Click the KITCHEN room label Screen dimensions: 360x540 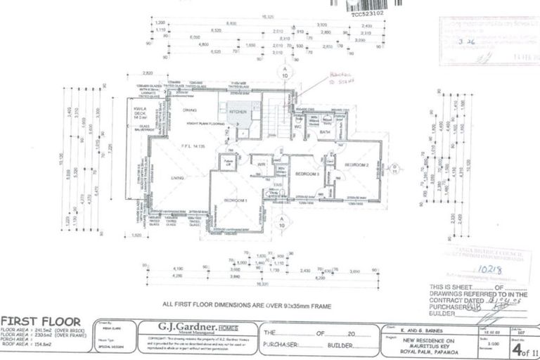[237, 112]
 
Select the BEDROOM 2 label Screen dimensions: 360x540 [356, 164]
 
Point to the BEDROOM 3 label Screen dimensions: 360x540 [307, 173]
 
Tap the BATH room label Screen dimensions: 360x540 [323, 131]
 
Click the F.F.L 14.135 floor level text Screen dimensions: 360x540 [192, 146]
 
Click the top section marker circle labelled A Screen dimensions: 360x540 [285, 72]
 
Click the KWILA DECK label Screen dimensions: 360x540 [139, 114]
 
